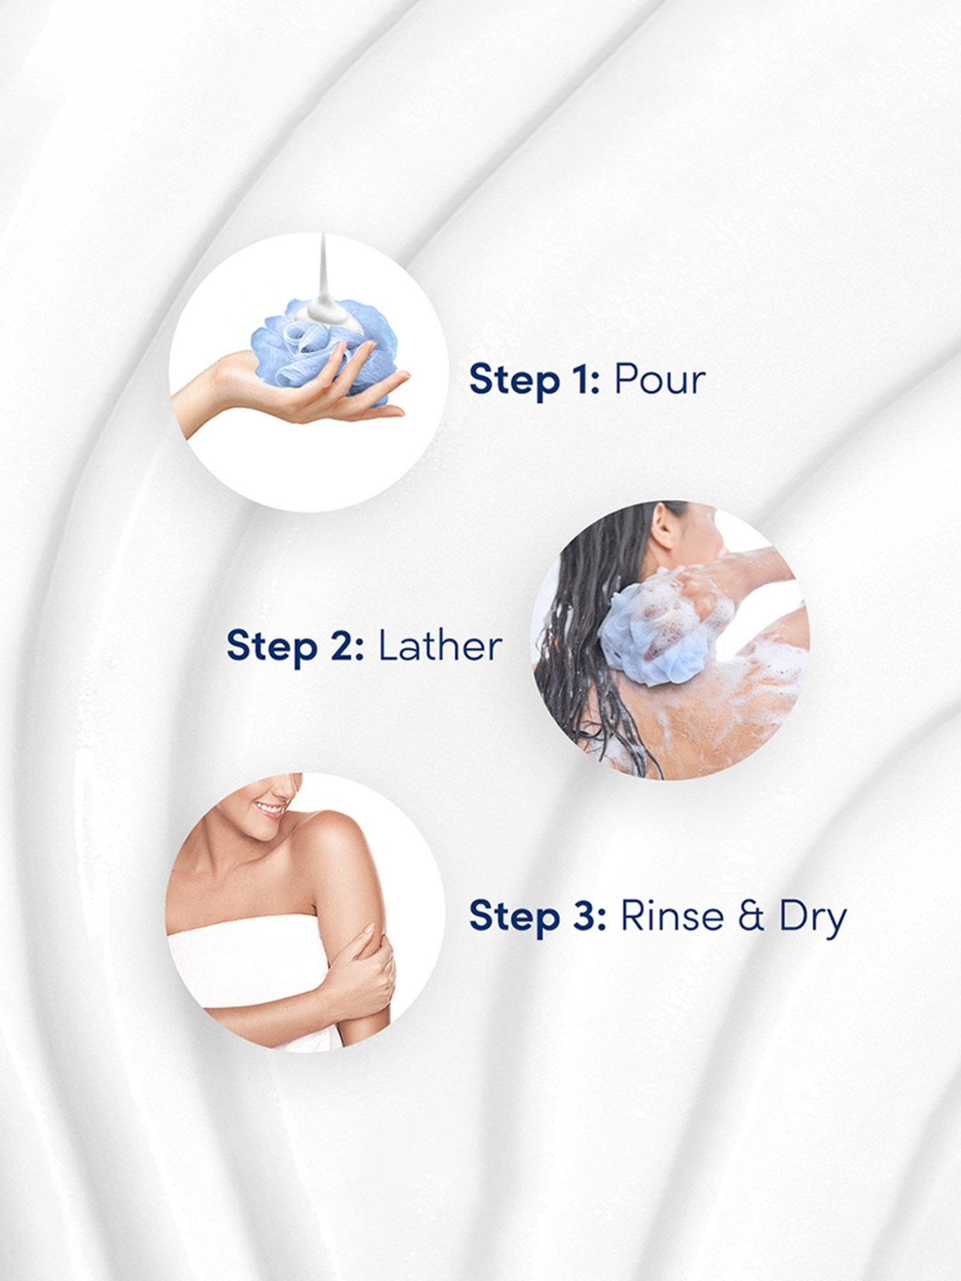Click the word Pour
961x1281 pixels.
point(660,380)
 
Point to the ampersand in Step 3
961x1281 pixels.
point(751,917)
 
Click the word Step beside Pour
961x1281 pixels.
point(514,380)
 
